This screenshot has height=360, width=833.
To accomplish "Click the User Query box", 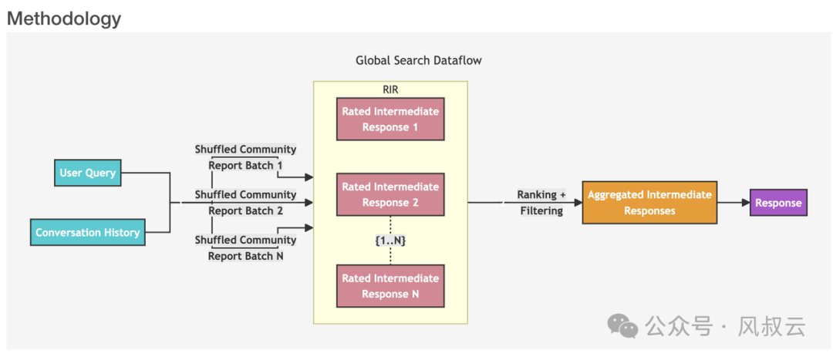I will pyautogui.click(x=87, y=173).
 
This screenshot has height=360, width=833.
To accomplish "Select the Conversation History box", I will pyautogui.click(x=87, y=232).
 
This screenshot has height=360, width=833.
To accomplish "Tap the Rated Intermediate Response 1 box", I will pyautogui.click(x=390, y=119).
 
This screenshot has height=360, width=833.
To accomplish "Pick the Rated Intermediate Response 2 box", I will pyautogui.click(x=390, y=194).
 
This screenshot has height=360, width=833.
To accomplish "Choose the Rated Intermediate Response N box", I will pyautogui.click(x=390, y=286).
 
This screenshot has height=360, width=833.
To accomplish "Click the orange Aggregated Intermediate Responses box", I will pyautogui.click(x=649, y=202).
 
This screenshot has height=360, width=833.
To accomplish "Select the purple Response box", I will pyautogui.click(x=778, y=203).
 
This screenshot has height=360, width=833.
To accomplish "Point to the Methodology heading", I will pyautogui.click(x=64, y=19).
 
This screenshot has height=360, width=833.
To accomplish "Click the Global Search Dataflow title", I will pyautogui.click(x=418, y=60).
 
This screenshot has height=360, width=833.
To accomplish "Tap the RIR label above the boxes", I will pyautogui.click(x=390, y=89).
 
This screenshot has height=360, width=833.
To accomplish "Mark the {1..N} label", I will pyautogui.click(x=390, y=241).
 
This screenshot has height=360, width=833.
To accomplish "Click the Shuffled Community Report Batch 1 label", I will pyautogui.click(x=245, y=157).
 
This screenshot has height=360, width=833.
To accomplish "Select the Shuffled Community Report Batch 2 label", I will pyautogui.click(x=245, y=203).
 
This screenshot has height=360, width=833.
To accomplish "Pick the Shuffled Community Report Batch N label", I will pyautogui.click(x=245, y=247).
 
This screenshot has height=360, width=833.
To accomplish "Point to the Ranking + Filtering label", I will pyautogui.click(x=541, y=203).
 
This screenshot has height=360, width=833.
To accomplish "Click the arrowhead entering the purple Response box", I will pyautogui.click(x=745, y=203).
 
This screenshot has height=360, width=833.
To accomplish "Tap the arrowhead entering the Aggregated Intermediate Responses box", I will pyautogui.click(x=578, y=203).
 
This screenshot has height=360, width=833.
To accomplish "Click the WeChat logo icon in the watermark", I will pyautogui.click(x=622, y=325).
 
